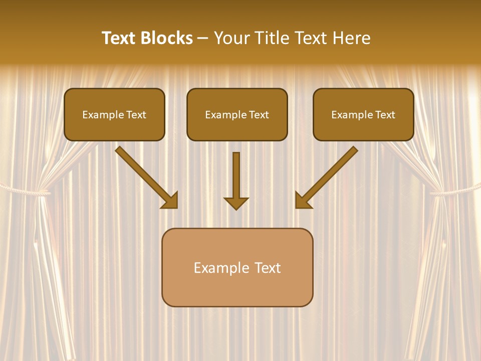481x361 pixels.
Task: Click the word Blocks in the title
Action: (167, 38)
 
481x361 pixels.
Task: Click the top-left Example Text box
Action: (114, 114)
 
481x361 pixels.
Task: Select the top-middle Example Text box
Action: (237, 114)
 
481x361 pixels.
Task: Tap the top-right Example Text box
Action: (363, 114)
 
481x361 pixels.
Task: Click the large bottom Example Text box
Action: (237, 267)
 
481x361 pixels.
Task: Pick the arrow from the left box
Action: (145, 176)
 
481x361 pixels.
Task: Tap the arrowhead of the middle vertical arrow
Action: (236, 203)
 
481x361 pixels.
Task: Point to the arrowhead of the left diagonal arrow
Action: (170, 201)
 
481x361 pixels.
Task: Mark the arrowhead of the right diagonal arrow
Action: (303, 201)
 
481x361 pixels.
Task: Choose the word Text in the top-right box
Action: (385, 115)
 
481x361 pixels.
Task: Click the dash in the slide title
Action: (203, 39)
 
